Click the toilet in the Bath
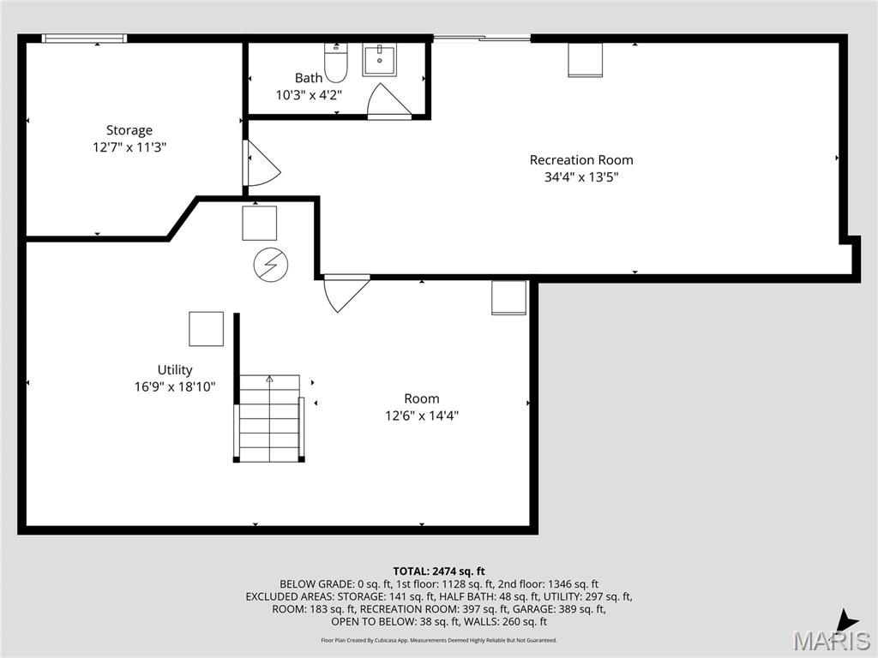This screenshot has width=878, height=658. (335, 62)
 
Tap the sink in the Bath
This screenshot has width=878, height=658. (379, 60)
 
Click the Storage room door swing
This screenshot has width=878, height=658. (261, 164)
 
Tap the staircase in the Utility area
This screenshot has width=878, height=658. (269, 417)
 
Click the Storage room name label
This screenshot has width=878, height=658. (129, 130)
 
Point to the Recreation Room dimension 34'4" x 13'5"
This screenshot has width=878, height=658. (581, 177)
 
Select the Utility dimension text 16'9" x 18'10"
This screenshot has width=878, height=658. (175, 386)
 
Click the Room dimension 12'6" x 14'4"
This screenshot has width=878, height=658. (422, 416)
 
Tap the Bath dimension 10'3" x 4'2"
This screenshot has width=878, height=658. (309, 95)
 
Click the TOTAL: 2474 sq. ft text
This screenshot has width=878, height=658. (439, 571)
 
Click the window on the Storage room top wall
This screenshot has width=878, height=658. (85, 38)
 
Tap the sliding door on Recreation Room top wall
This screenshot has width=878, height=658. (481, 38)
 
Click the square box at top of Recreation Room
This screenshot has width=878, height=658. (585, 60)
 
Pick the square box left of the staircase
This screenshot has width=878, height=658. (206, 329)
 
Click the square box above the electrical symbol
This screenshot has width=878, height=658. (259, 223)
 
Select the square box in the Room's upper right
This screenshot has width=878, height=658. (508, 298)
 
